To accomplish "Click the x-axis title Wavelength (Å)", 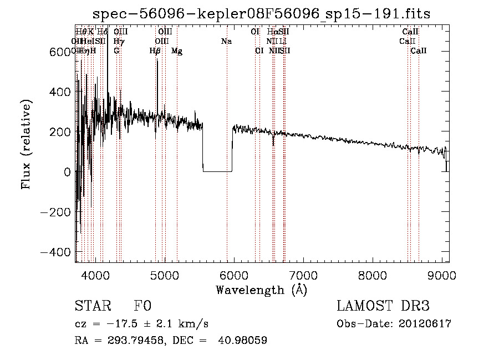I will tap(261, 290).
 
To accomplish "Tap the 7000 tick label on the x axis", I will tap(303, 275).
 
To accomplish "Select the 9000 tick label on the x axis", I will tap(441, 275).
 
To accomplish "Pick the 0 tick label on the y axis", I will tap(67, 172).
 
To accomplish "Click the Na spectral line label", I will tap(226, 42).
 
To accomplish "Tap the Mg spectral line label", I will tap(177, 51).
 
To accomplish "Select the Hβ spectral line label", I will tap(155, 51).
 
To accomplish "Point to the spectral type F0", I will tap(142, 307).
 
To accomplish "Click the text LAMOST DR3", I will tap(383, 307).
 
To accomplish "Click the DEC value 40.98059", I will tap(243, 341).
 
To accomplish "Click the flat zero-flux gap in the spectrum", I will tap(217, 171).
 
